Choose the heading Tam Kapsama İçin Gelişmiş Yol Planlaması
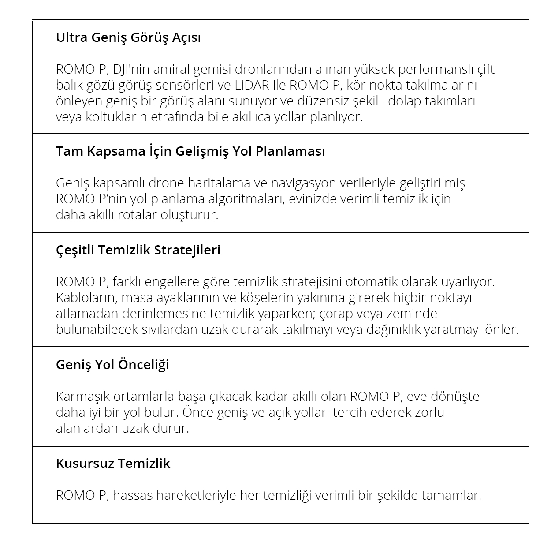pyautogui.click(x=190, y=151)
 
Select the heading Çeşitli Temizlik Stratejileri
pyautogui.click(x=138, y=250)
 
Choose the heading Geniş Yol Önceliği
pyautogui.click(x=112, y=365)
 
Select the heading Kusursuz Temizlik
pyautogui.click(x=113, y=464)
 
